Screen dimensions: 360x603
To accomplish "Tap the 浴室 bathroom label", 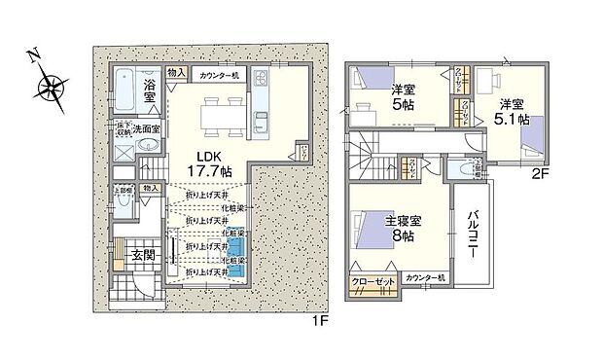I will coord(151,89).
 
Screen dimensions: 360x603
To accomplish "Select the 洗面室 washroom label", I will coord(147,127).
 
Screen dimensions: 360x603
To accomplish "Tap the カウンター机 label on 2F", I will coord(425,277).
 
